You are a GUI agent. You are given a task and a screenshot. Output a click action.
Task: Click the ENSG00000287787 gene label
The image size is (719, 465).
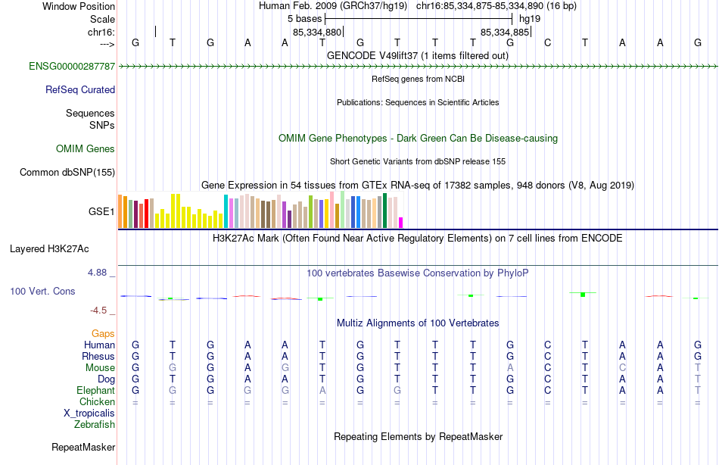[x=72, y=67]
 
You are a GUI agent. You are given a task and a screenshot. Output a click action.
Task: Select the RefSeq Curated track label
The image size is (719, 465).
[x=80, y=89]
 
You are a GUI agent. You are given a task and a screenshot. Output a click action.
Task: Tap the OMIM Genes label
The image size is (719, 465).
[x=86, y=148]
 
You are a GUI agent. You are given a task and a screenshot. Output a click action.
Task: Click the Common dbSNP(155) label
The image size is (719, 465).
[x=67, y=172]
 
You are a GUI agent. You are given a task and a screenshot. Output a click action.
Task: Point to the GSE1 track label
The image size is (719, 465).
[x=101, y=211]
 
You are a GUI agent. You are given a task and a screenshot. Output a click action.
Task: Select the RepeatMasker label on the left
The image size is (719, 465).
[x=83, y=448]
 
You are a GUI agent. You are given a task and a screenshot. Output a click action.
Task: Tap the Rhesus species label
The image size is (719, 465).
[x=98, y=357]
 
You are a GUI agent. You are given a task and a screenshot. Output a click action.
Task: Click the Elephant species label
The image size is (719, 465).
[x=96, y=391]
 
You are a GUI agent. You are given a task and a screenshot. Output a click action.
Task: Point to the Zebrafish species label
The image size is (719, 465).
[x=95, y=425]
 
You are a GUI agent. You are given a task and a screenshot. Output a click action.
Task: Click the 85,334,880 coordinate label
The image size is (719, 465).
[x=318, y=33]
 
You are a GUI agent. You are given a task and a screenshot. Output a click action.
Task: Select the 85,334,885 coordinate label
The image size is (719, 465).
[x=505, y=33]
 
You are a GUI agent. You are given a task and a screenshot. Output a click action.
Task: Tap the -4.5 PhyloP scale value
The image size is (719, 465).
[x=101, y=311]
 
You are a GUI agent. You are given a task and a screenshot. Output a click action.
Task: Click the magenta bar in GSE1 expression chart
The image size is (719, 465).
[x=400, y=222]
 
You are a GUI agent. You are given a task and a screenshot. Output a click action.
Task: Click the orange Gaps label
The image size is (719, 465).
[x=103, y=333]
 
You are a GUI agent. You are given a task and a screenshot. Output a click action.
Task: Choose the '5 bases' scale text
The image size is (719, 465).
[x=305, y=17]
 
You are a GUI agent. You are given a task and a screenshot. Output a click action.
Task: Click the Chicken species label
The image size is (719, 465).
[x=97, y=402]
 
